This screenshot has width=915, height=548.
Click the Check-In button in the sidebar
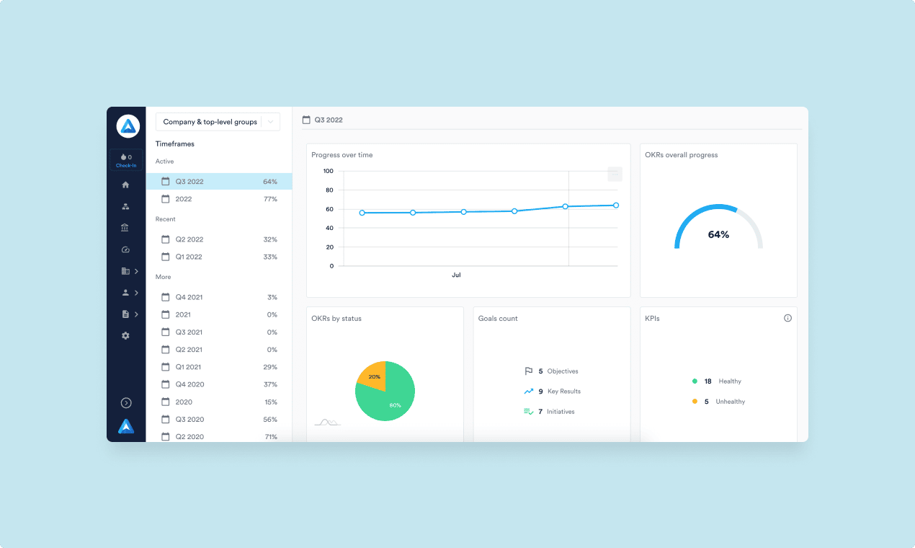click(126, 160)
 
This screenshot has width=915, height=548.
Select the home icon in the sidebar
click(125, 185)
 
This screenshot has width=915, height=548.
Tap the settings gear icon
click(125, 335)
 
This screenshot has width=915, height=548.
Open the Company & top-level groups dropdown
click(218, 122)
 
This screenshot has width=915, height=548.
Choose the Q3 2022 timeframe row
click(219, 182)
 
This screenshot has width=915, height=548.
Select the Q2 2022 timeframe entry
click(189, 239)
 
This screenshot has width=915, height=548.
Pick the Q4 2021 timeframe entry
click(189, 297)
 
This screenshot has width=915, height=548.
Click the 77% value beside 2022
click(270, 199)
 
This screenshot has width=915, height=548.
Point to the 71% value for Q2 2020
click(270, 437)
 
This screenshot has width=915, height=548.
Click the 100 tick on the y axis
click(328, 171)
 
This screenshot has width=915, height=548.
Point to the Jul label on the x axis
click(456, 275)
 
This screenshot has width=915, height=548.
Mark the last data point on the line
click(616, 205)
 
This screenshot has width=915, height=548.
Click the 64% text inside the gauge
click(718, 234)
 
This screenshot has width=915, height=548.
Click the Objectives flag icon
click(529, 371)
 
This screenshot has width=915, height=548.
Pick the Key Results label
click(564, 392)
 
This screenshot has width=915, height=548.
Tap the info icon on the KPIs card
click(787, 318)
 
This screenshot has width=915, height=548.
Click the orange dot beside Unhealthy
click(695, 402)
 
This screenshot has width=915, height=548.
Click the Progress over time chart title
click(342, 155)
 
